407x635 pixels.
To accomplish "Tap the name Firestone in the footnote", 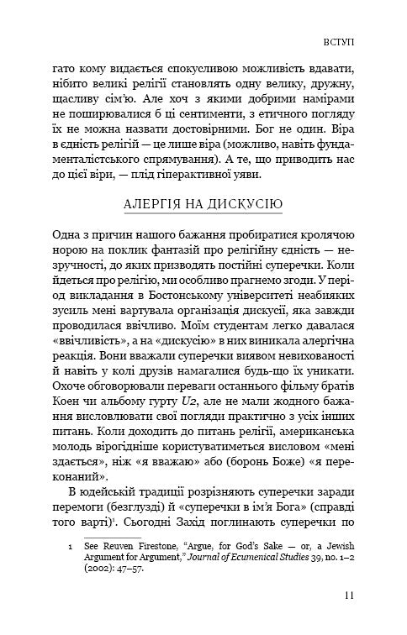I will (x=151, y=546).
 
